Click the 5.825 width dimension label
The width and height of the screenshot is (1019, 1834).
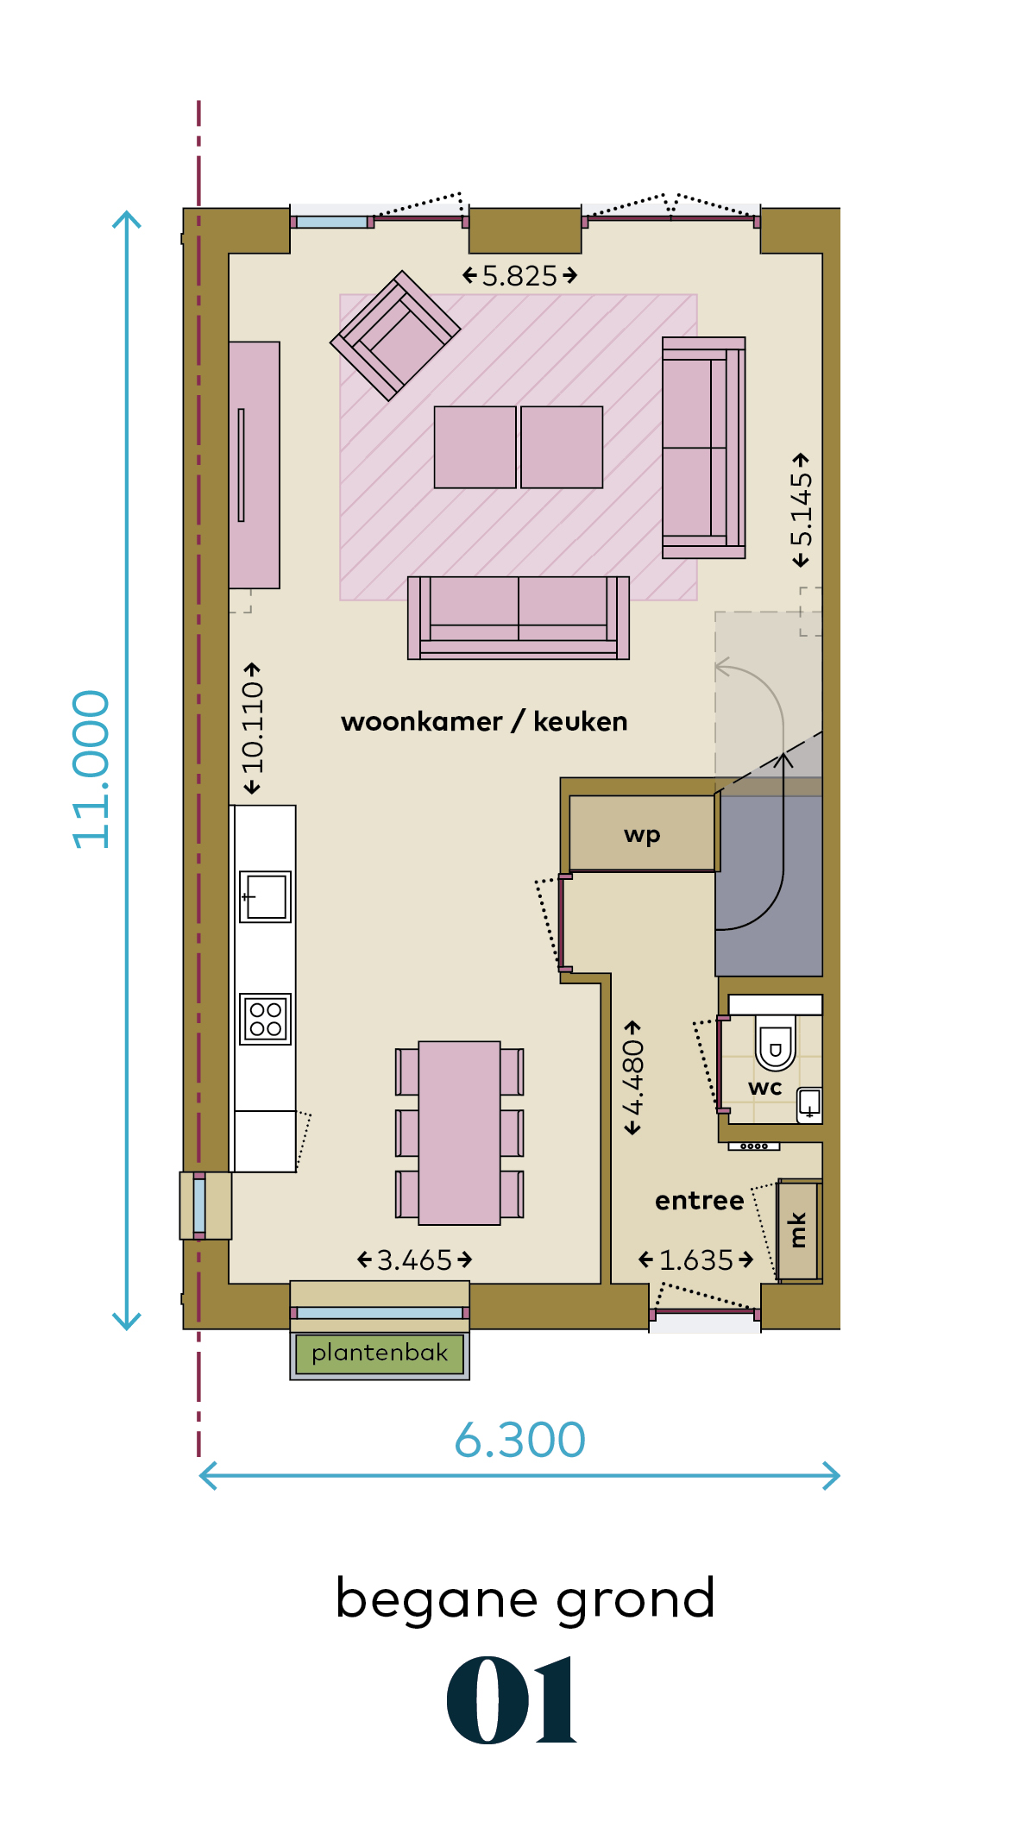519,276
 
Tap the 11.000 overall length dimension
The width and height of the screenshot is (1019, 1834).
91,769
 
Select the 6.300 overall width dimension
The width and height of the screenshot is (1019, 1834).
520,1440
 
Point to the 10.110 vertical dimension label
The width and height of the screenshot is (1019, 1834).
252,728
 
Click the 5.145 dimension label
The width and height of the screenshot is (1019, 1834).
802,510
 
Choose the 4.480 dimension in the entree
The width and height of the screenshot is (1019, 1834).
633,1077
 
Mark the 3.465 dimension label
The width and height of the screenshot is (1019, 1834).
415,1260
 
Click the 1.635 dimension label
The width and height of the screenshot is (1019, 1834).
696,1260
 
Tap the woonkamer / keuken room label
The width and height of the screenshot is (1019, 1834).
484,721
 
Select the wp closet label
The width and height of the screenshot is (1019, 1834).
642,834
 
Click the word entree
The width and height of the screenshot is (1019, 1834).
699,1200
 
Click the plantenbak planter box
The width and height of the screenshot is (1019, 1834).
380,1354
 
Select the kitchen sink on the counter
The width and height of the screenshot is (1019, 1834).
266,897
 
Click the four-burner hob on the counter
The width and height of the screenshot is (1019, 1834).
266,1019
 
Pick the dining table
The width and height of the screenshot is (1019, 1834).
459,1133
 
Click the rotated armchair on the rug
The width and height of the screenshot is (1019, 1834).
395,336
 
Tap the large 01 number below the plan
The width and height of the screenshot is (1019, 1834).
511,1700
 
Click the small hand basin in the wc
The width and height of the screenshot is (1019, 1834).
809,1103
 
